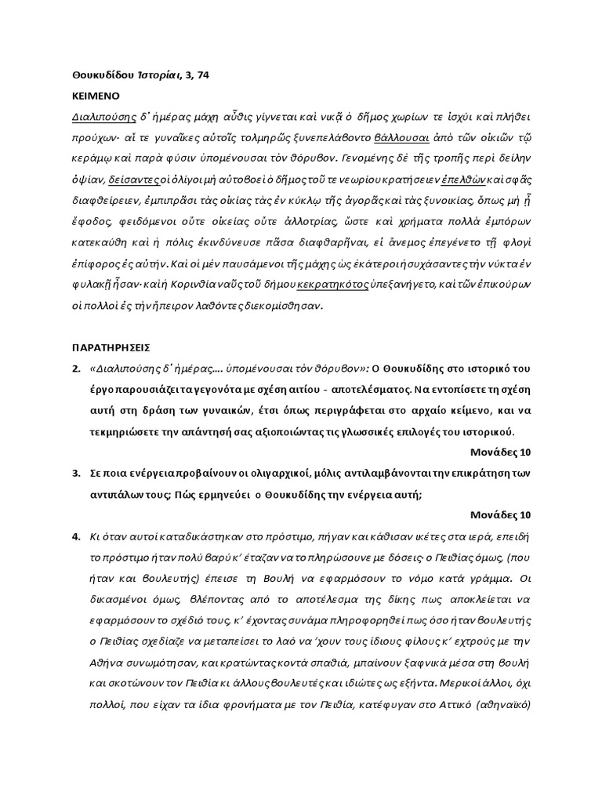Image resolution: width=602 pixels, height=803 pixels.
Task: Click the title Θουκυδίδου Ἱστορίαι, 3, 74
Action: tap(136, 74)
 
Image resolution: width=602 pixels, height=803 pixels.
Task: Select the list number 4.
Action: tap(76, 536)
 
